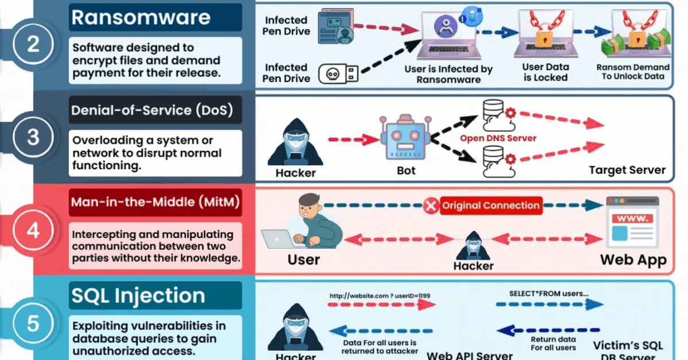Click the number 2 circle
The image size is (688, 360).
pos(33,44)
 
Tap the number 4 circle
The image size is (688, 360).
pos(33,230)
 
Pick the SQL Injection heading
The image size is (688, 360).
pos(138,295)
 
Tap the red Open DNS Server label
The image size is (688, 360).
pos(498,138)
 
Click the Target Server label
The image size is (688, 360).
pos(627,170)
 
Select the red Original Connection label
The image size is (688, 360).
pos(491,205)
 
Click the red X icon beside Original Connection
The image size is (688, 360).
pos(431,206)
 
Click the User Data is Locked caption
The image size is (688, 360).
pos(545,72)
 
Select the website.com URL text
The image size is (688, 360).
pos(379,296)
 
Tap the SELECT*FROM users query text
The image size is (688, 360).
pos(548,294)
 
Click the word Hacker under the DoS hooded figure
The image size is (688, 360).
pos(295,172)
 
